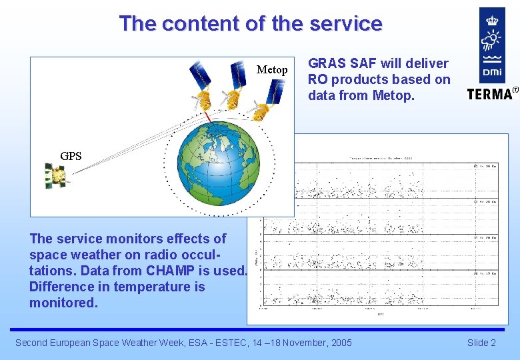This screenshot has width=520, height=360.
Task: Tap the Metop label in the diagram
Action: click(x=272, y=69)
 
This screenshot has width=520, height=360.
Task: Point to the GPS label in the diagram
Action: click(x=71, y=156)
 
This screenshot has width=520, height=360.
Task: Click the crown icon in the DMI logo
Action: click(x=492, y=20)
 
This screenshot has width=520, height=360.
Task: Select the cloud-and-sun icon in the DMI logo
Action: click(x=492, y=42)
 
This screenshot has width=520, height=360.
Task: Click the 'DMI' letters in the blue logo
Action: click(x=492, y=70)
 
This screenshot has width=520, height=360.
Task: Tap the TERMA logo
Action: click(x=492, y=93)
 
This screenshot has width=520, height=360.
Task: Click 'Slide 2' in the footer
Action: click(x=481, y=343)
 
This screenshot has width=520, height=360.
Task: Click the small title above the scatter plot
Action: click(x=381, y=158)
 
